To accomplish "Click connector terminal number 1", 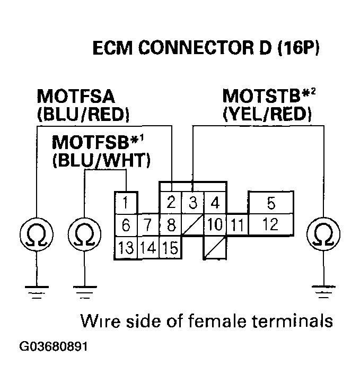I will pyautogui.click(x=126, y=203).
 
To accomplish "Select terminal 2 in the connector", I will pyautogui.click(x=171, y=203).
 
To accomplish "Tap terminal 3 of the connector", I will pyautogui.click(x=193, y=203).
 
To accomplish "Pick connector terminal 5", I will pyautogui.click(x=215, y=203).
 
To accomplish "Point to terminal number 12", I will pyautogui.click(x=270, y=203).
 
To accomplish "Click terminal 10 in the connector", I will pyautogui.click(x=215, y=225).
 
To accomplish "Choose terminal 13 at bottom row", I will pyautogui.click(x=126, y=247).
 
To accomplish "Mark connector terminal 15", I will pyautogui.click(x=171, y=247).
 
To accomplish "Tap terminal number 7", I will pyautogui.click(x=149, y=225).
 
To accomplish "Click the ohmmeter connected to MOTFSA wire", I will pyautogui.click(x=34, y=233).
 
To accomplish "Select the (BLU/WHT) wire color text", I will pyautogui.click(x=101, y=160).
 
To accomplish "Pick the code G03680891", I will pyautogui.click(x=53, y=347).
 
